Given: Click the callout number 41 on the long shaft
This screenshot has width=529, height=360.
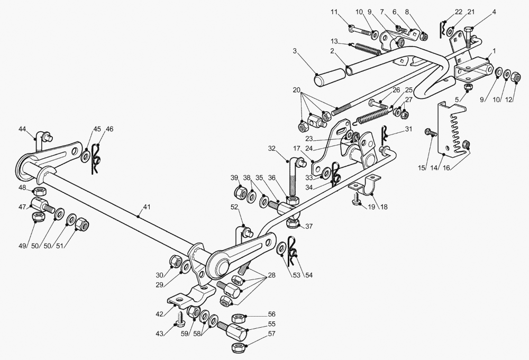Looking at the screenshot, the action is pyautogui.click(x=146, y=206).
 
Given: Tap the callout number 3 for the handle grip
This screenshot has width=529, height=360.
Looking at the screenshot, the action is pyautogui.click(x=295, y=51).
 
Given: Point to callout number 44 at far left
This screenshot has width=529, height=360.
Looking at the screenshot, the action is pyautogui.click(x=22, y=129).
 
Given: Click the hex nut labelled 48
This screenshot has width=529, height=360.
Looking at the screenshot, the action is pyautogui.click(x=40, y=191).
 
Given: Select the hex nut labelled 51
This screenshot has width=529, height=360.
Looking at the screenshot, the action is pyautogui.click(x=81, y=224).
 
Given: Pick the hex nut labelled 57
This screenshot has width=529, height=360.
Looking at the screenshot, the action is pyautogui.click(x=238, y=347).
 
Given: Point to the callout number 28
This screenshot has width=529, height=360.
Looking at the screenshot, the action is pyautogui.click(x=271, y=275).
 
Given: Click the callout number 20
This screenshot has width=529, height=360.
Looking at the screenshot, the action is pyautogui.click(x=297, y=90).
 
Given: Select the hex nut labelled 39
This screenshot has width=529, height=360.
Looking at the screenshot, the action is pyautogui.click(x=240, y=193).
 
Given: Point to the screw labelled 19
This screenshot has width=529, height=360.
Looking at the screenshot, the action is pyautogui.click(x=356, y=198).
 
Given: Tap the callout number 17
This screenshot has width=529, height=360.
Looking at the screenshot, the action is pyautogui.click(x=297, y=148).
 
